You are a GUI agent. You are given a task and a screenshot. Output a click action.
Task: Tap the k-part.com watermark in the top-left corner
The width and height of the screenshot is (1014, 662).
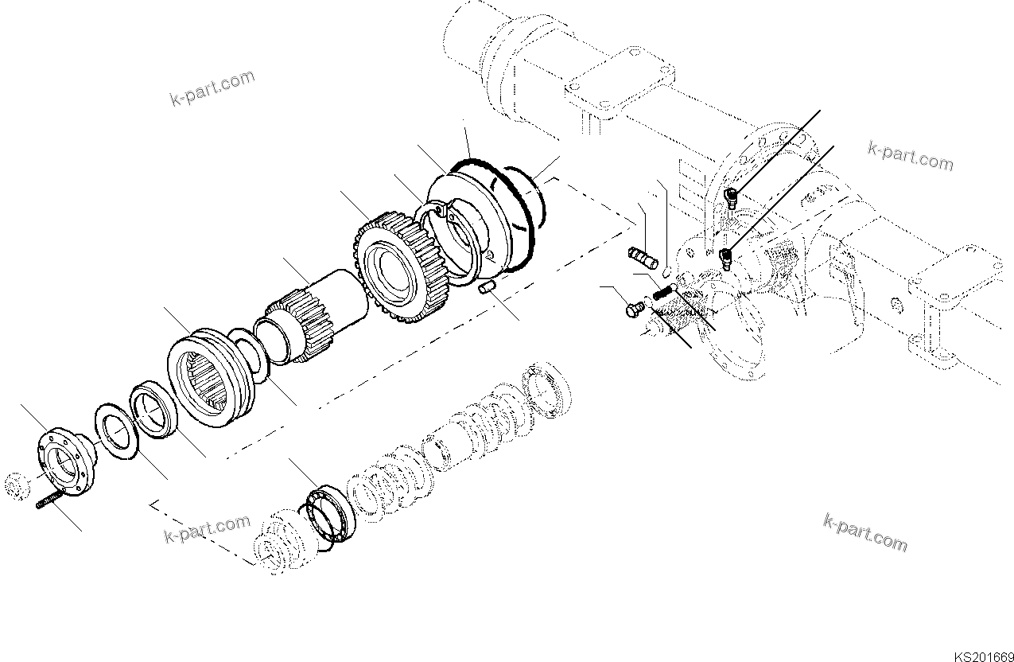coord(212,88)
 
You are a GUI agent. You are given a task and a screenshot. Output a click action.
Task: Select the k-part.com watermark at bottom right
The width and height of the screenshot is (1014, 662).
coord(864,532)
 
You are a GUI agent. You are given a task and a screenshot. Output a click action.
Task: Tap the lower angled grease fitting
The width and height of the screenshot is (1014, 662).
coord(725,256)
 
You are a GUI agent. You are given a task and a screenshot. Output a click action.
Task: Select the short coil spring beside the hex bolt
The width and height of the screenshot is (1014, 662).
coord(662,293)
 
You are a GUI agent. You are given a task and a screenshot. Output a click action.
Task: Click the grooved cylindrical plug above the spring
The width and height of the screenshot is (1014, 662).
coord(640,257)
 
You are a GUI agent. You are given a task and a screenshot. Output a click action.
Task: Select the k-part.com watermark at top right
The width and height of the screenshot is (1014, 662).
coord(911,156)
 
